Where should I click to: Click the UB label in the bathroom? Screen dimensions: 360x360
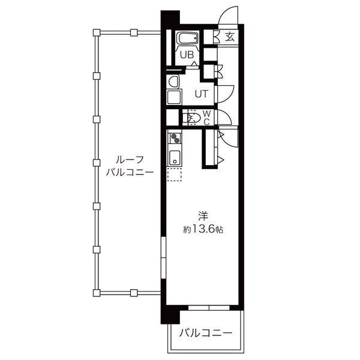[187, 55]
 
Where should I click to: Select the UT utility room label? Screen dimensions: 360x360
[202, 92]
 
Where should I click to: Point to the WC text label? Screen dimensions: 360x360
[206, 118]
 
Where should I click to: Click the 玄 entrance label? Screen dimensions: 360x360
[230, 37]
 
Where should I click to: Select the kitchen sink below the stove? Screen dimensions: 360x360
[175, 158]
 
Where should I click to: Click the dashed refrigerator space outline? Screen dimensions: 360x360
[175, 175]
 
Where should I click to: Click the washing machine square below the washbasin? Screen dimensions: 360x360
[175, 97]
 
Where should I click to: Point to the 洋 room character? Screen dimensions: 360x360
[203, 215]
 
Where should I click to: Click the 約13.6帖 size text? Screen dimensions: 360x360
[203, 229]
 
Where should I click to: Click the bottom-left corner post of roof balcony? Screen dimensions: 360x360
[96, 292]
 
